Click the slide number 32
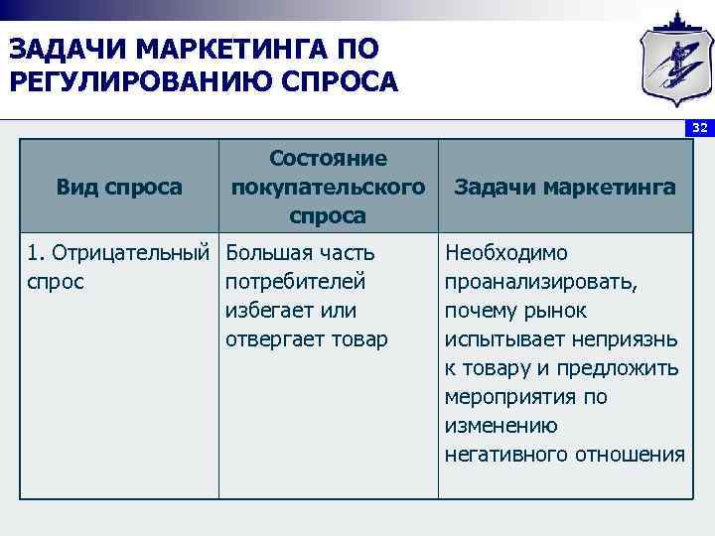(700, 129)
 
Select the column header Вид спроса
(119, 187)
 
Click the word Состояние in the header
(328, 159)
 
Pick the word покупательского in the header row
(328, 187)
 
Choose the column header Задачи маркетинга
(564, 187)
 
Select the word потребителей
(296, 282)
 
